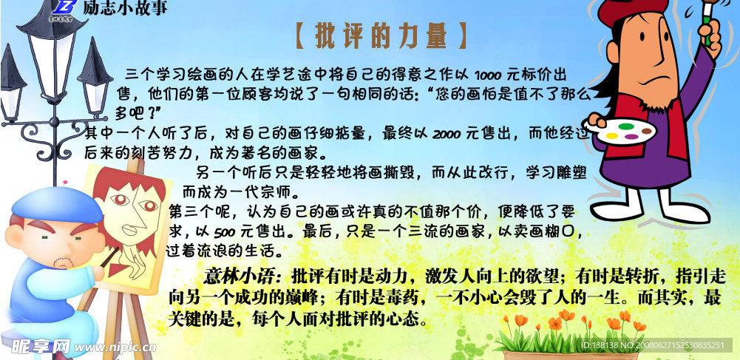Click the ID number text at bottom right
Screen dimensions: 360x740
pos(659,345)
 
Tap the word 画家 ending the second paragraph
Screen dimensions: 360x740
pos(305,153)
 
